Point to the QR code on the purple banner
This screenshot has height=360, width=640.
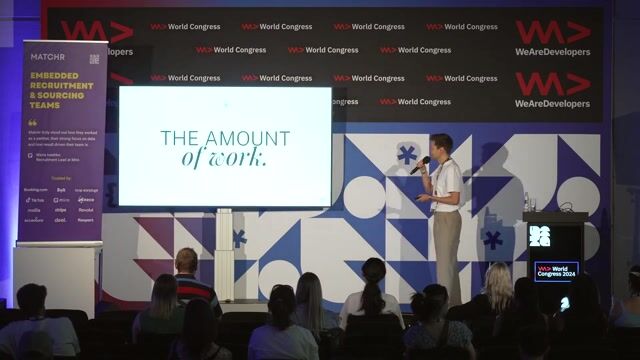click(x=94, y=59)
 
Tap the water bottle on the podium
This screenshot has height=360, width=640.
click(x=526, y=203)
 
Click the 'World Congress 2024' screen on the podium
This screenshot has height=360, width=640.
click(x=555, y=271)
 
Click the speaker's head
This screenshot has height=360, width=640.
click(x=441, y=144)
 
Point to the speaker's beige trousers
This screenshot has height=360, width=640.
click(x=448, y=250)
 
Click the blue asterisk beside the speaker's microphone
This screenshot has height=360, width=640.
click(x=406, y=154)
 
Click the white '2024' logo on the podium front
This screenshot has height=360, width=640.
click(x=539, y=236)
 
